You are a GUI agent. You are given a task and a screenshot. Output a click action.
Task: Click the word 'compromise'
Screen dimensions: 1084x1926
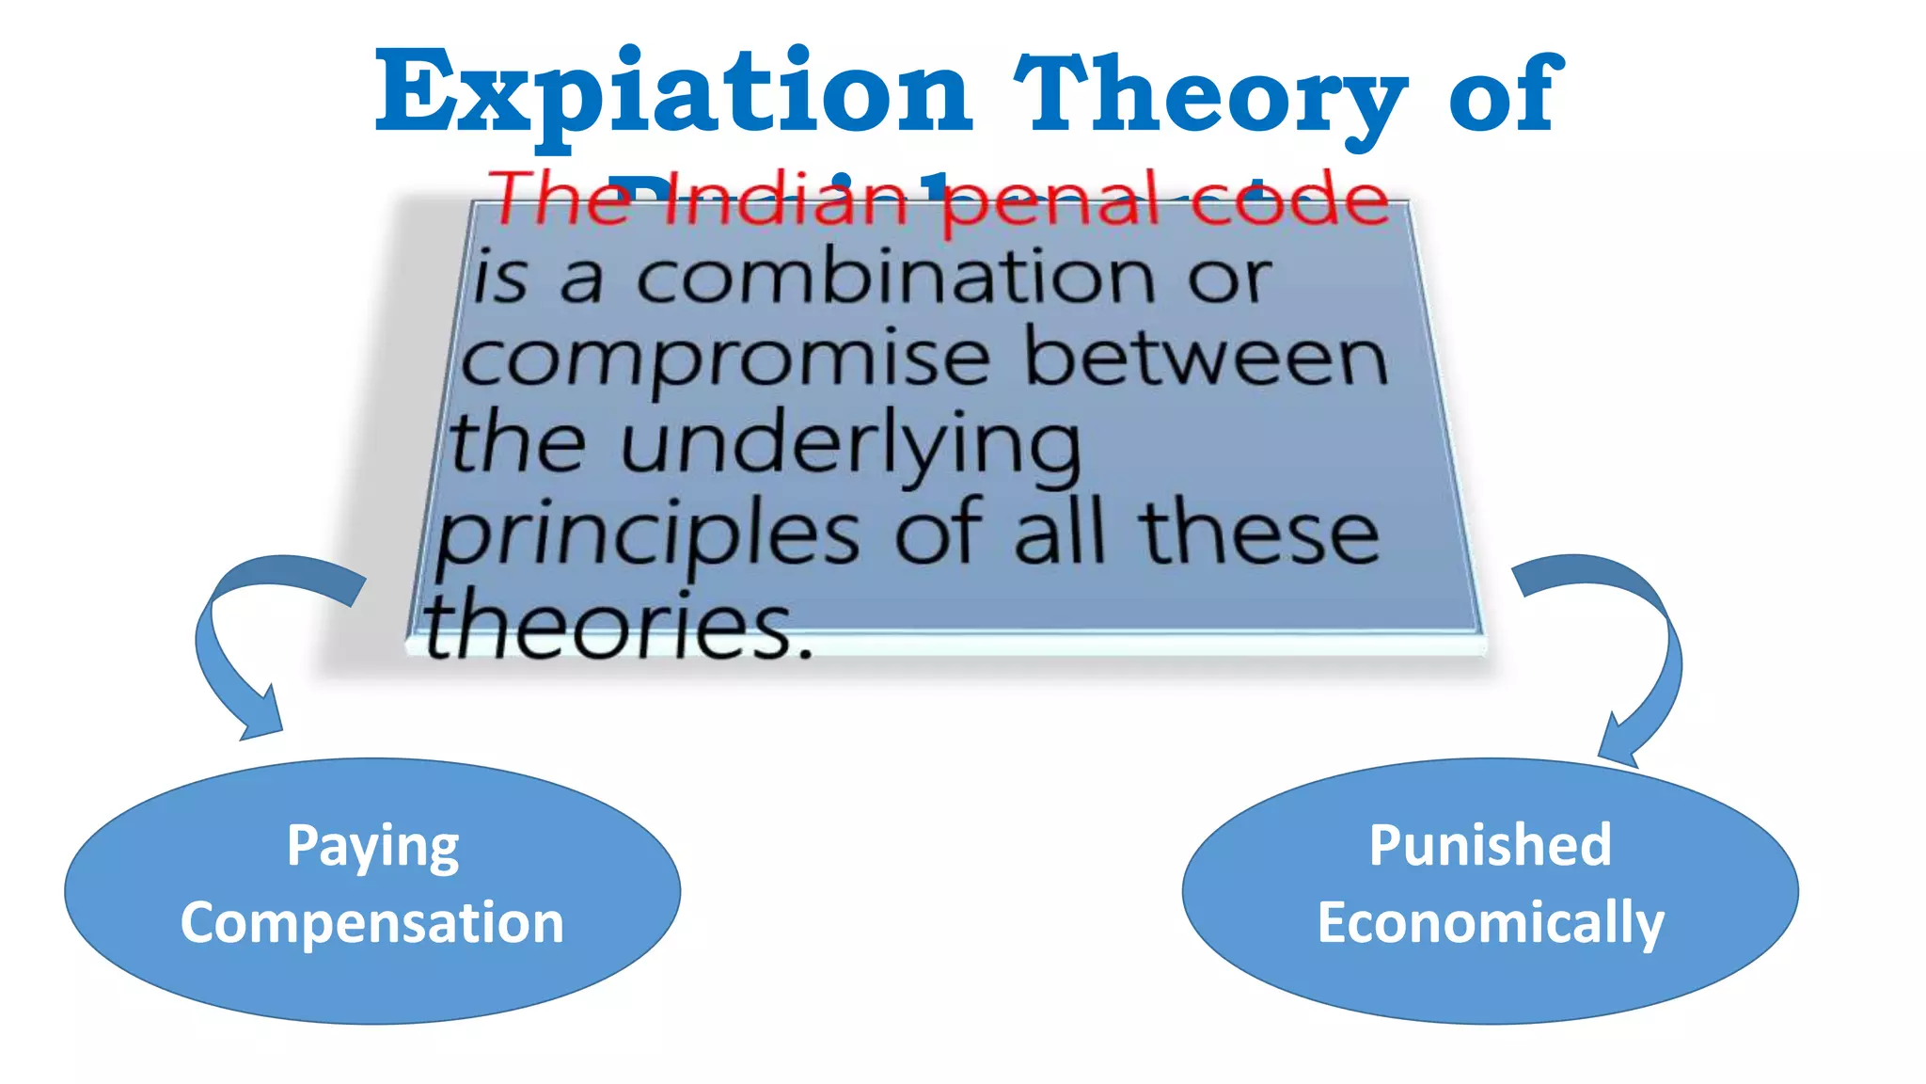[725, 360]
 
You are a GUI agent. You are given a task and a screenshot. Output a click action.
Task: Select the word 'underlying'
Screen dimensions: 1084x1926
[850, 445]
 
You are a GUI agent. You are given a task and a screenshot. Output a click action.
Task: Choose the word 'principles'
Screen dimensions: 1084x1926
[648, 535]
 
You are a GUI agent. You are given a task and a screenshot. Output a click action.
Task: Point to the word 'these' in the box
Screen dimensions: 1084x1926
[1260, 534]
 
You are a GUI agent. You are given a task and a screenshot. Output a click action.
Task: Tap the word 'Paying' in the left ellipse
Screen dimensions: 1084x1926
[372, 846]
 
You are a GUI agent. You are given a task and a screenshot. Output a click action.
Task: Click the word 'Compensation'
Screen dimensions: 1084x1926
[372, 923]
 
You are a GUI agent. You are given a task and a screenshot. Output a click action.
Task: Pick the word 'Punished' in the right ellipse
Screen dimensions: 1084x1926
[1490, 845]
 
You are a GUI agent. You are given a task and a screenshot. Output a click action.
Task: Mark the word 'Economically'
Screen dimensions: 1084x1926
[1490, 923]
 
